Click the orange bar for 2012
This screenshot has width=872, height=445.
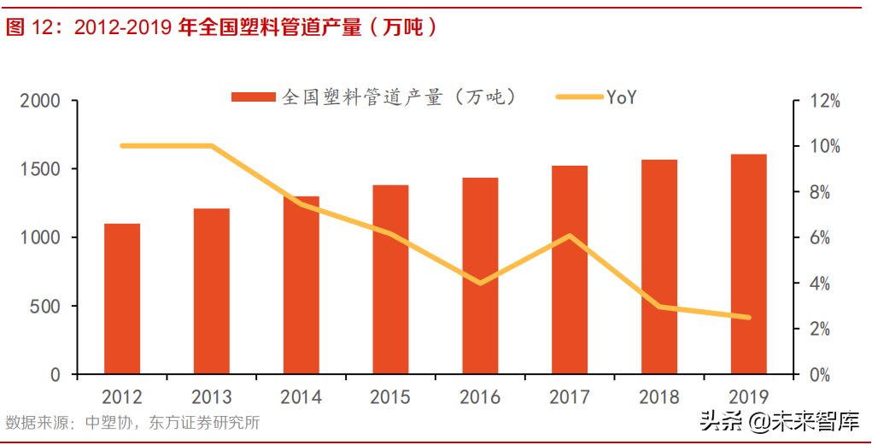tap(122, 299)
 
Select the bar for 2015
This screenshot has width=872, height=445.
tap(390, 279)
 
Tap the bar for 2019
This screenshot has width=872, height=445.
tap(748, 264)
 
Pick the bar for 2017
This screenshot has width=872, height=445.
tap(570, 270)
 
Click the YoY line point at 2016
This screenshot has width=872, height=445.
tap(480, 283)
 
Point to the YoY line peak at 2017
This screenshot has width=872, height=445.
tap(570, 237)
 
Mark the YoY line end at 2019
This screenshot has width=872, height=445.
tap(748, 317)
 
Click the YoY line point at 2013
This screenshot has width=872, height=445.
tap(212, 146)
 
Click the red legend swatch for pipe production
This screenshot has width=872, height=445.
tap(253, 97)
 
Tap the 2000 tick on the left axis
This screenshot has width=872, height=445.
tap(40, 101)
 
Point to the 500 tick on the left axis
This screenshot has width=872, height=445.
tap(47, 306)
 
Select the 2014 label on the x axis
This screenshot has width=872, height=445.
tap(301, 397)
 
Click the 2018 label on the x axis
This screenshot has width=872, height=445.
tap(658, 397)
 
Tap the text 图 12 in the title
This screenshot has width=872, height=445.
tap(29, 27)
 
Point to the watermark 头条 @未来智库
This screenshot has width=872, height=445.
tap(779, 421)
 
